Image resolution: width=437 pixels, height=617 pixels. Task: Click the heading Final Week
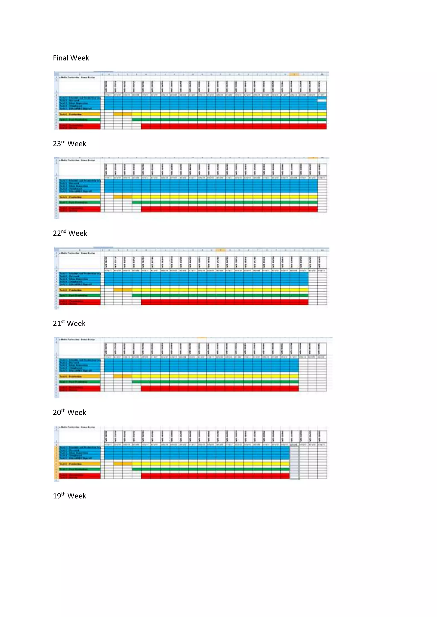point(71,58)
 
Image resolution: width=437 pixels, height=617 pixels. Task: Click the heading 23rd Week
point(69,144)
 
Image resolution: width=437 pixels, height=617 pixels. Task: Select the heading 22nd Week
point(70,233)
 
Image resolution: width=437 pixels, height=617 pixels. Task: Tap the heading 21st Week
point(69,323)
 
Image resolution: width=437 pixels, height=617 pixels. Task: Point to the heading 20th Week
point(69,412)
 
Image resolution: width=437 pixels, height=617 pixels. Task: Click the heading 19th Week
point(69,496)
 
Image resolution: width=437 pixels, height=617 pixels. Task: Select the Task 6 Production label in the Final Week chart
point(80,114)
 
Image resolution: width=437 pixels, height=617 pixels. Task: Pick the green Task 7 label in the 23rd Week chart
point(80,202)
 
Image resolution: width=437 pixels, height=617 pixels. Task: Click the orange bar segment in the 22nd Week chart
point(122,290)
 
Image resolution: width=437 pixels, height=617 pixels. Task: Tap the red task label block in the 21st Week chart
point(80,389)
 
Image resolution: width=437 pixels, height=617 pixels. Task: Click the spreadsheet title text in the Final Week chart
point(77,77)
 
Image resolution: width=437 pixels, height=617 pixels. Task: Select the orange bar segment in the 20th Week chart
point(122,464)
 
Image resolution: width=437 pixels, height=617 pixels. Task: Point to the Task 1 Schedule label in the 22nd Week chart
point(80,274)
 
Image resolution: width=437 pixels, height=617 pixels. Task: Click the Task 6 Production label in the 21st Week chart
point(80,376)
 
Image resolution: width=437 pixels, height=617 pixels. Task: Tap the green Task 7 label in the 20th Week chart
point(80,469)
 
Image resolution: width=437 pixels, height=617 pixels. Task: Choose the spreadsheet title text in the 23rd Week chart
point(77,160)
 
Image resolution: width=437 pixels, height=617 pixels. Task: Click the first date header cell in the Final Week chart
point(109,87)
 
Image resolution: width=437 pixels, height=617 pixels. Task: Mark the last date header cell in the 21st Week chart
point(322,349)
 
